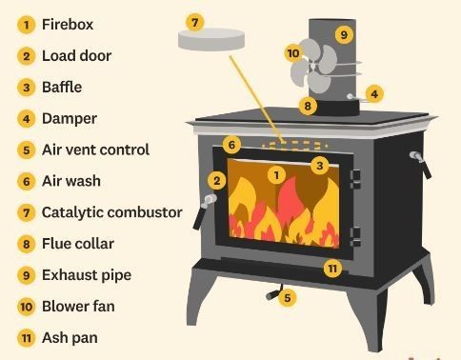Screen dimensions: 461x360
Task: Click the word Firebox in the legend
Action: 68,25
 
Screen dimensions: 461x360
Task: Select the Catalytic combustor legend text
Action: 112,212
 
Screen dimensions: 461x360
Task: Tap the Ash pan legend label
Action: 70,338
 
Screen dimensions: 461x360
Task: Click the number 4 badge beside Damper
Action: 27,119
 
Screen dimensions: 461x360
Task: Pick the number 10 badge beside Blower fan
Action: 27,307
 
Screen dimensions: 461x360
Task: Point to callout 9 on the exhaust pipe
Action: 344,34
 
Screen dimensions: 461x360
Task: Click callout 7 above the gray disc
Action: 195,23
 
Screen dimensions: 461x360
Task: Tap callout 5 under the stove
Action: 288,298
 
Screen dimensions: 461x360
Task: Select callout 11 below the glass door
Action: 332,269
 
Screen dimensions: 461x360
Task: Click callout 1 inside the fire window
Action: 276,175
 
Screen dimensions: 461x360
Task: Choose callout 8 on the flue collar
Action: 308,106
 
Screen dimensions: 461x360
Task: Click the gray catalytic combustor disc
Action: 211,39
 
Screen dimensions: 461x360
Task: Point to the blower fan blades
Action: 313,66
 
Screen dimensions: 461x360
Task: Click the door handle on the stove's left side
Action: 205,210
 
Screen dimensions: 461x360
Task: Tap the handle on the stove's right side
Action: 421,164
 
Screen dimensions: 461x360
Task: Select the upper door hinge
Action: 355,179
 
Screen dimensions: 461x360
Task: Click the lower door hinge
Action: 355,237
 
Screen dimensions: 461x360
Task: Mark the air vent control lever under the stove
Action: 273,293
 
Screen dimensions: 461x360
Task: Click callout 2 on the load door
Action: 217,181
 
